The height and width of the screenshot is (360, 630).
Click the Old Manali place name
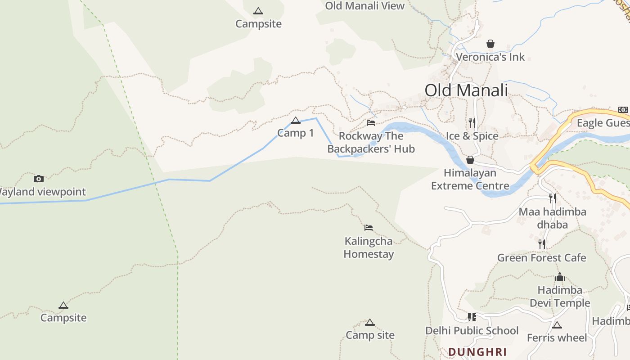point(466,90)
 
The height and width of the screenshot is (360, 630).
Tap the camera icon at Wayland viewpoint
point(39,179)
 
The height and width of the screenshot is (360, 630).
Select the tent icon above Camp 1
point(296,120)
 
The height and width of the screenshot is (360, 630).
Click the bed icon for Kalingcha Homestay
point(369,228)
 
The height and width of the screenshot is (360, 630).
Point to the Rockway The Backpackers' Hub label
point(371,142)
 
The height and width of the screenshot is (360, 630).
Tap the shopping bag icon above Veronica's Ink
point(490,44)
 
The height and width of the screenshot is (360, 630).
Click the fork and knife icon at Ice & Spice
point(472,122)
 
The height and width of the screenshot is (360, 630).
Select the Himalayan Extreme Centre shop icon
point(470,160)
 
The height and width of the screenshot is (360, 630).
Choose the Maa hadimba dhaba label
point(552,218)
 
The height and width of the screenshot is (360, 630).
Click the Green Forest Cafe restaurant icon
point(542,244)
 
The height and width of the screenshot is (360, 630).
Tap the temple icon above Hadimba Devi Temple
point(560,277)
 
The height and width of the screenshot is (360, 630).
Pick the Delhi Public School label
point(472,331)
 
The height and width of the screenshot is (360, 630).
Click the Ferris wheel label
point(557,337)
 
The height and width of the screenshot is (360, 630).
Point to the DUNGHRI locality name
point(477,352)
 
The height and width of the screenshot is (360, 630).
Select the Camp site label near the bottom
point(370,335)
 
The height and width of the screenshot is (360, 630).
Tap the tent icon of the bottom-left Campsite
point(63,306)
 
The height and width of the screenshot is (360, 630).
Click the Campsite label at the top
point(258,24)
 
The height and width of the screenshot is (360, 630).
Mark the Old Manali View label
point(365,6)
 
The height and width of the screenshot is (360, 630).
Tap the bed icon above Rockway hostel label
point(371,122)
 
